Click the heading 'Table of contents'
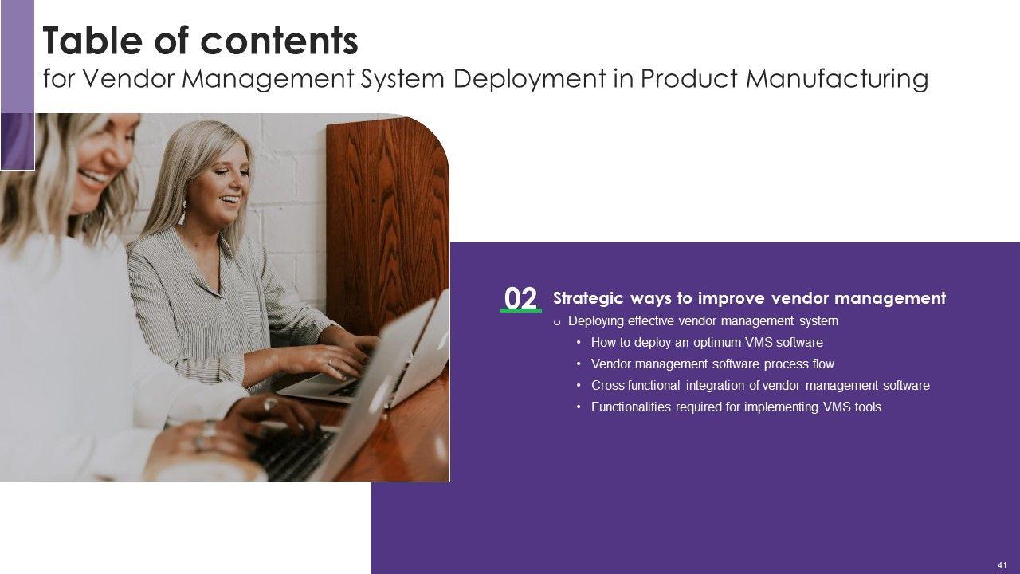[200, 41]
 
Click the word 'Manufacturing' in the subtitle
[837, 78]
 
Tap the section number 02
[521, 298]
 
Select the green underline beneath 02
[521, 311]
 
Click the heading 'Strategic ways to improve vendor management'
[750, 298]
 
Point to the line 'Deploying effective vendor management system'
[703, 321]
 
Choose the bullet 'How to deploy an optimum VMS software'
[707, 343]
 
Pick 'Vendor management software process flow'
[712, 364]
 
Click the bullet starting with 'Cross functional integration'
[760, 385]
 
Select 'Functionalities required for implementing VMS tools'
[736, 407]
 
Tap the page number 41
[1002, 565]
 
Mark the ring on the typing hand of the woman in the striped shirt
[329, 361]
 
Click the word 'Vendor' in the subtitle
[130, 78]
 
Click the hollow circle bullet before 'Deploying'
[556, 323]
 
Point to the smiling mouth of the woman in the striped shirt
[230, 199]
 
